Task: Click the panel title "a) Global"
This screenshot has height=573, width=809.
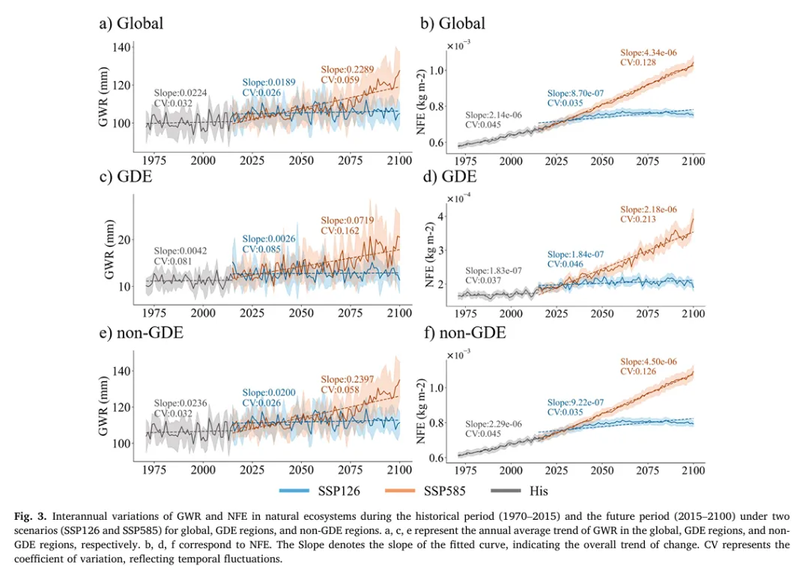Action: [131, 23]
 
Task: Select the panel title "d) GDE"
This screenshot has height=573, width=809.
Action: [448, 178]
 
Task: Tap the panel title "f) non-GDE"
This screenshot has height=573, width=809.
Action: [463, 332]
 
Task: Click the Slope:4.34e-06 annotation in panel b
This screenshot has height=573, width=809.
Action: [649, 52]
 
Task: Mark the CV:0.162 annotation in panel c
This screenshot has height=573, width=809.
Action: [342, 231]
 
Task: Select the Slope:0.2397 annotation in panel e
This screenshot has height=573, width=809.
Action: [348, 379]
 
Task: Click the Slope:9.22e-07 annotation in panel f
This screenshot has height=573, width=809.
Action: [576, 402]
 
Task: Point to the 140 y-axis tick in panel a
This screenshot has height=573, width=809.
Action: [121, 47]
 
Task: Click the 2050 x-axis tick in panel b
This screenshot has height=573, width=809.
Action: [602, 161]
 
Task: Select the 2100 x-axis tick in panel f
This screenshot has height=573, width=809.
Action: [694, 470]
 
